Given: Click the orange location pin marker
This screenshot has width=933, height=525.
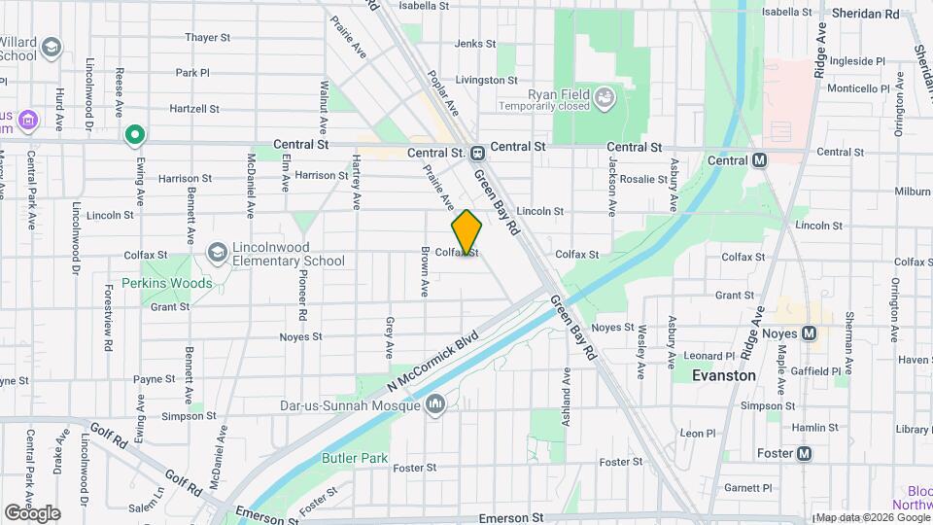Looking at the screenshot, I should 467,231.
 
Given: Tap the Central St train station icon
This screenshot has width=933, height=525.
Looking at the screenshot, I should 477,154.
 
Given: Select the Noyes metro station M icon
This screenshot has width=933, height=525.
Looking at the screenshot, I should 809,333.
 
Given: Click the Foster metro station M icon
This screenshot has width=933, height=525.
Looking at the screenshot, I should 804,453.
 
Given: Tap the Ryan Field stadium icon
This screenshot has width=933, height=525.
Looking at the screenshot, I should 605,96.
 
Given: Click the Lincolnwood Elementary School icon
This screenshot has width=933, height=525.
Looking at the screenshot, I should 217,253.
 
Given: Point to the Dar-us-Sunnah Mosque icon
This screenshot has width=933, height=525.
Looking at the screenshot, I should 435,402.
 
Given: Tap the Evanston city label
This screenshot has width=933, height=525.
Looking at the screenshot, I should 723,374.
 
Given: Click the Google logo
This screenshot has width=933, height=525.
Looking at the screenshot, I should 32,512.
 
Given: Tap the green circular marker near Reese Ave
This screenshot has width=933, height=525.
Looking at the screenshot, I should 135,135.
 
